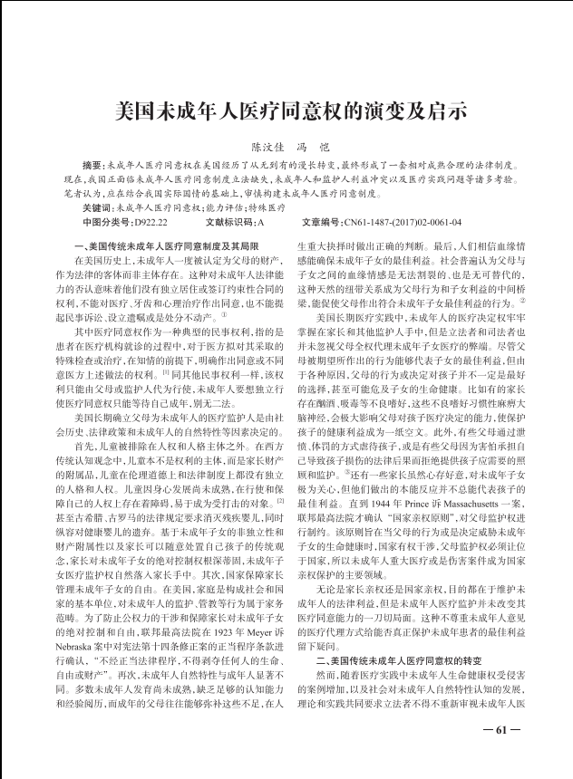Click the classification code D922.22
tap(153, 221)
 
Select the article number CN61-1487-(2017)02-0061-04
tap(403, 221)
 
